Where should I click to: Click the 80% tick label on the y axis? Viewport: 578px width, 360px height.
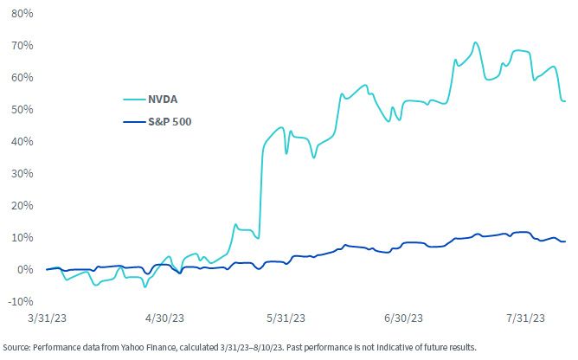(22, 14)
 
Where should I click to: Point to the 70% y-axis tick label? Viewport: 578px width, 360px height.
(22, 46)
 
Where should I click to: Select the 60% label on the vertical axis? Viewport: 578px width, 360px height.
(22, 78)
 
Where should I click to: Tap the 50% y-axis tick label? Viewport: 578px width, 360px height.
(22, 110)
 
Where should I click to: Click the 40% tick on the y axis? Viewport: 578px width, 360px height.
(22, 142)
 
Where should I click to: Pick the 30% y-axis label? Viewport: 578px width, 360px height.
(22, 174)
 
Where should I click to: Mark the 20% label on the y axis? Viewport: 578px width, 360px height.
(22, 205)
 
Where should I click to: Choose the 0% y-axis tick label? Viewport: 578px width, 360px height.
(25, 270)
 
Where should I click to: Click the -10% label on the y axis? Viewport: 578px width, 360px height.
(21, 302)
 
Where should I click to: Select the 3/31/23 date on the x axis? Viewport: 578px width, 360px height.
(48, 318)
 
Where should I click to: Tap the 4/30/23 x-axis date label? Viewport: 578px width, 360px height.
(164, 318)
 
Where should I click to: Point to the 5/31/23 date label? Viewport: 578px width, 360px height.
(286, 318)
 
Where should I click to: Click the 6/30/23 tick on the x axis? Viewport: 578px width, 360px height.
(403, 318)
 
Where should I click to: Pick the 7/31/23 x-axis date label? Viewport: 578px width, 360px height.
(525, 318)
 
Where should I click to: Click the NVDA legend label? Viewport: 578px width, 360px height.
(163, 100)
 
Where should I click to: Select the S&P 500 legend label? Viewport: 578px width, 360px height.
(170, 122)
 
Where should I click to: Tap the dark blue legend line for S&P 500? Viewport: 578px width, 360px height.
(134, 122)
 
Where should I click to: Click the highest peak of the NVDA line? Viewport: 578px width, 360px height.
(476, 42)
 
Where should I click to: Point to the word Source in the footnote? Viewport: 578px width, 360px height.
(16, 348)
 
